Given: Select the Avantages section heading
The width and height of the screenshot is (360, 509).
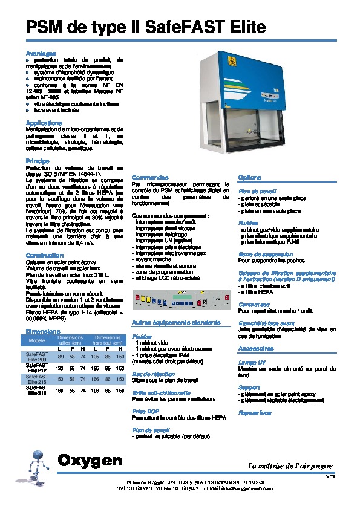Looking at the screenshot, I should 41,54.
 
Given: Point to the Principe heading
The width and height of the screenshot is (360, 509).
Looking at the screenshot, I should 38,161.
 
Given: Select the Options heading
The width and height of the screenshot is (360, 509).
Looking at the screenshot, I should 249,178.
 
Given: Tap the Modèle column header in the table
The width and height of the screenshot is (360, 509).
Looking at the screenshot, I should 38,341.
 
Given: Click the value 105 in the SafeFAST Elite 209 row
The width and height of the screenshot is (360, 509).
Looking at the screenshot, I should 94,357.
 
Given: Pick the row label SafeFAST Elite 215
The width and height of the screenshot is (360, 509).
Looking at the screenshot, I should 37,379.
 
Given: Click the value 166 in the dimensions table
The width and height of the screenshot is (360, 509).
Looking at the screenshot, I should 94,379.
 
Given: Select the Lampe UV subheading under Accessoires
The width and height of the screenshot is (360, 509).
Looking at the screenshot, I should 252,361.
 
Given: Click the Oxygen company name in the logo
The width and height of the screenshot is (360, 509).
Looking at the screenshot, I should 90,461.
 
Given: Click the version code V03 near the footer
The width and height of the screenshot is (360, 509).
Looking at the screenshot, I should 330,477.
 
